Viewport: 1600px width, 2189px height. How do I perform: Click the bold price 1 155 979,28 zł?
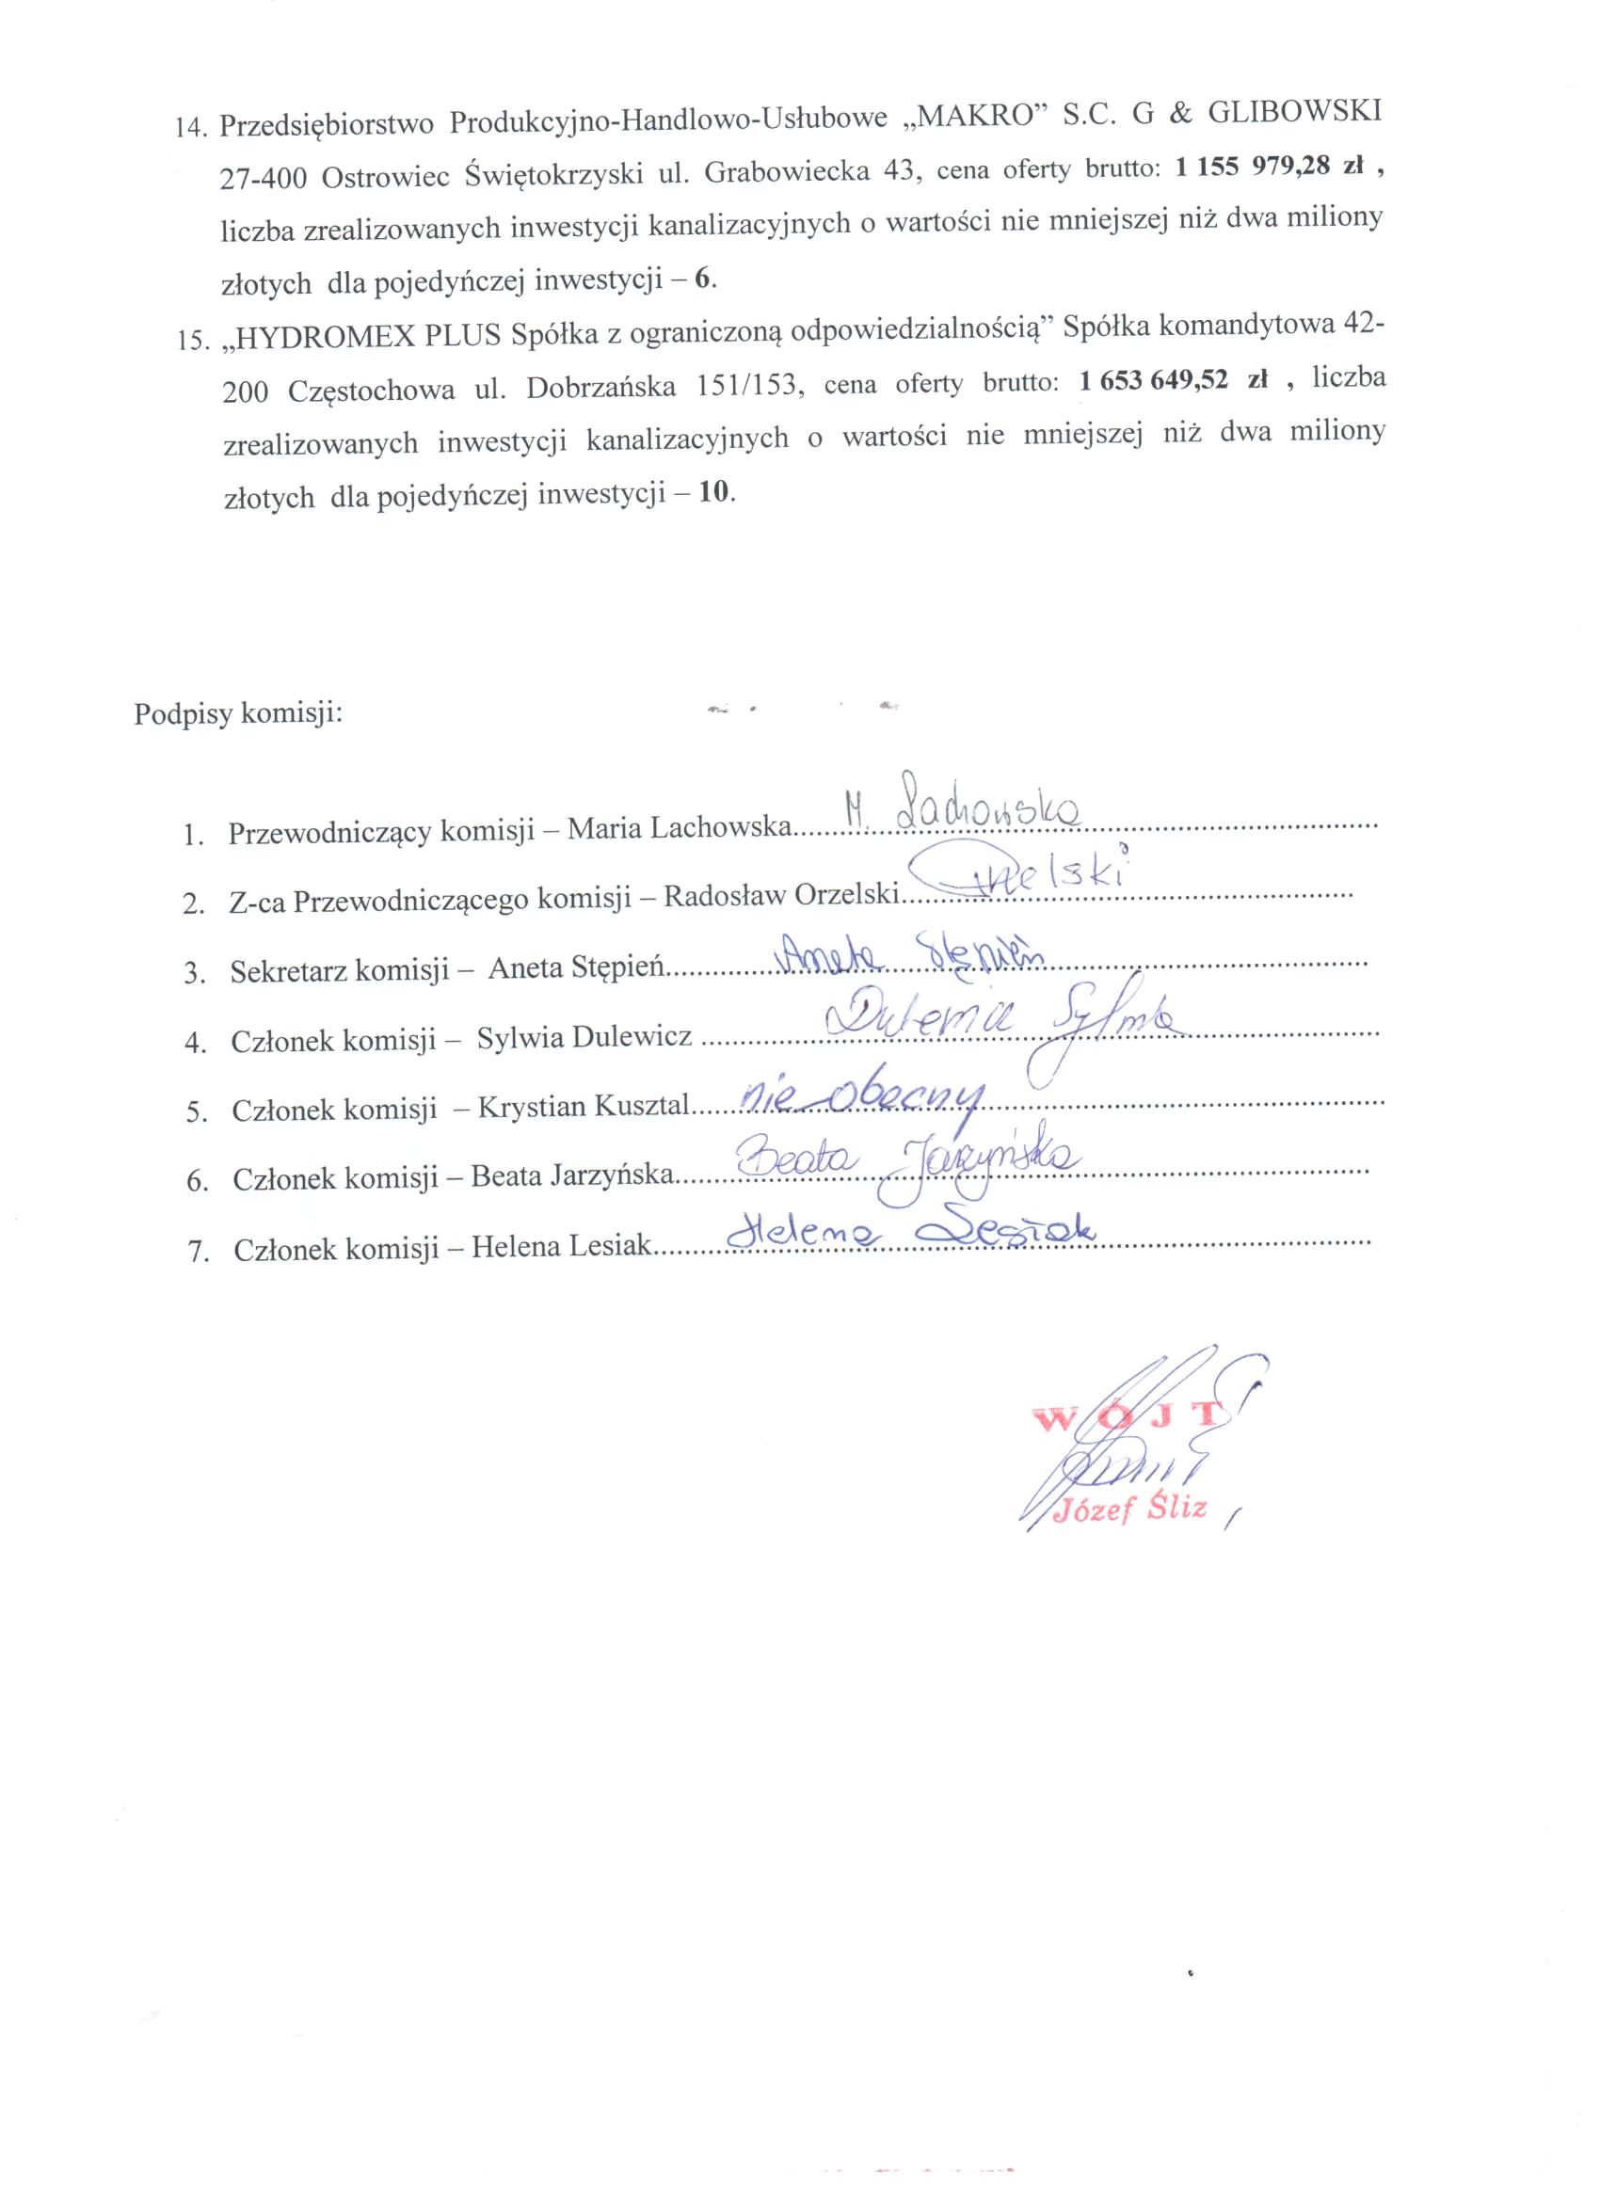pyautogui.click(x=1269, y=167)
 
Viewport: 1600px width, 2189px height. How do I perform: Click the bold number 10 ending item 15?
pyautogui.click(x=712, y=492)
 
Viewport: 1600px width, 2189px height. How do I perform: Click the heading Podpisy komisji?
pyautogui.click(x=238, y=714)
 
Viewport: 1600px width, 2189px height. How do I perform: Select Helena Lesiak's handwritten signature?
pyautogui.click(x=910, y=1232)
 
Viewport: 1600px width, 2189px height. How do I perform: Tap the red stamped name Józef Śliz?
pyautogui.click(x=1130, y=1508)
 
